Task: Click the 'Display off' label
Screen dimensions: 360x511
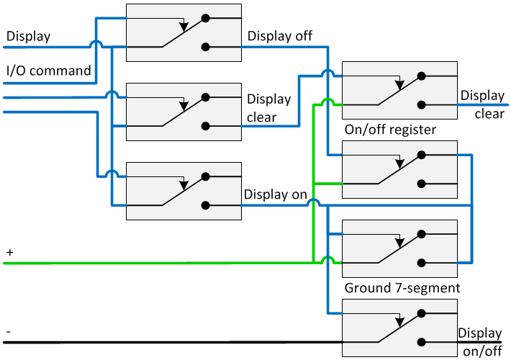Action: click(x=280, y=35)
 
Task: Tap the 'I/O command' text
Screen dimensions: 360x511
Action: click(x=48, y=71)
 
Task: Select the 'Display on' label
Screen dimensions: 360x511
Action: click(x=276, y=194)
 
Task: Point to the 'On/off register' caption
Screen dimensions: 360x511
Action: click(x=390, y=130)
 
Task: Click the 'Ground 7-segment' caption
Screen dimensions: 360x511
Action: click(x=402, y=288)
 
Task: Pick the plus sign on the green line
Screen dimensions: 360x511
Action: click(x=9, y=253)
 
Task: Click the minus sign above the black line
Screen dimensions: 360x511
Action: click(x=9, y=330)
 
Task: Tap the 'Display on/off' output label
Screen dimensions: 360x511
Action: click(x=479, y=342)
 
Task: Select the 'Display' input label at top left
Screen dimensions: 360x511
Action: click(x=28, y=36)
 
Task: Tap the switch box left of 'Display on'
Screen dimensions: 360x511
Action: click(x=184, y=191)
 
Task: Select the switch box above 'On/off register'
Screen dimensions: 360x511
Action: click(x=399, y=90)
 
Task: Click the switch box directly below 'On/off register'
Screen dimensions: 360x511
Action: click(x=399, y=169)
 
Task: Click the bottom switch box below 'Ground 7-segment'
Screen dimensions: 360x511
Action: click(x=399, y=328)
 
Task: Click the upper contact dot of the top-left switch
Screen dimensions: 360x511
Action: click(x=206, y=17)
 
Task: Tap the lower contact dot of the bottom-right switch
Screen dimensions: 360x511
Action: click(x=422, y=342)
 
